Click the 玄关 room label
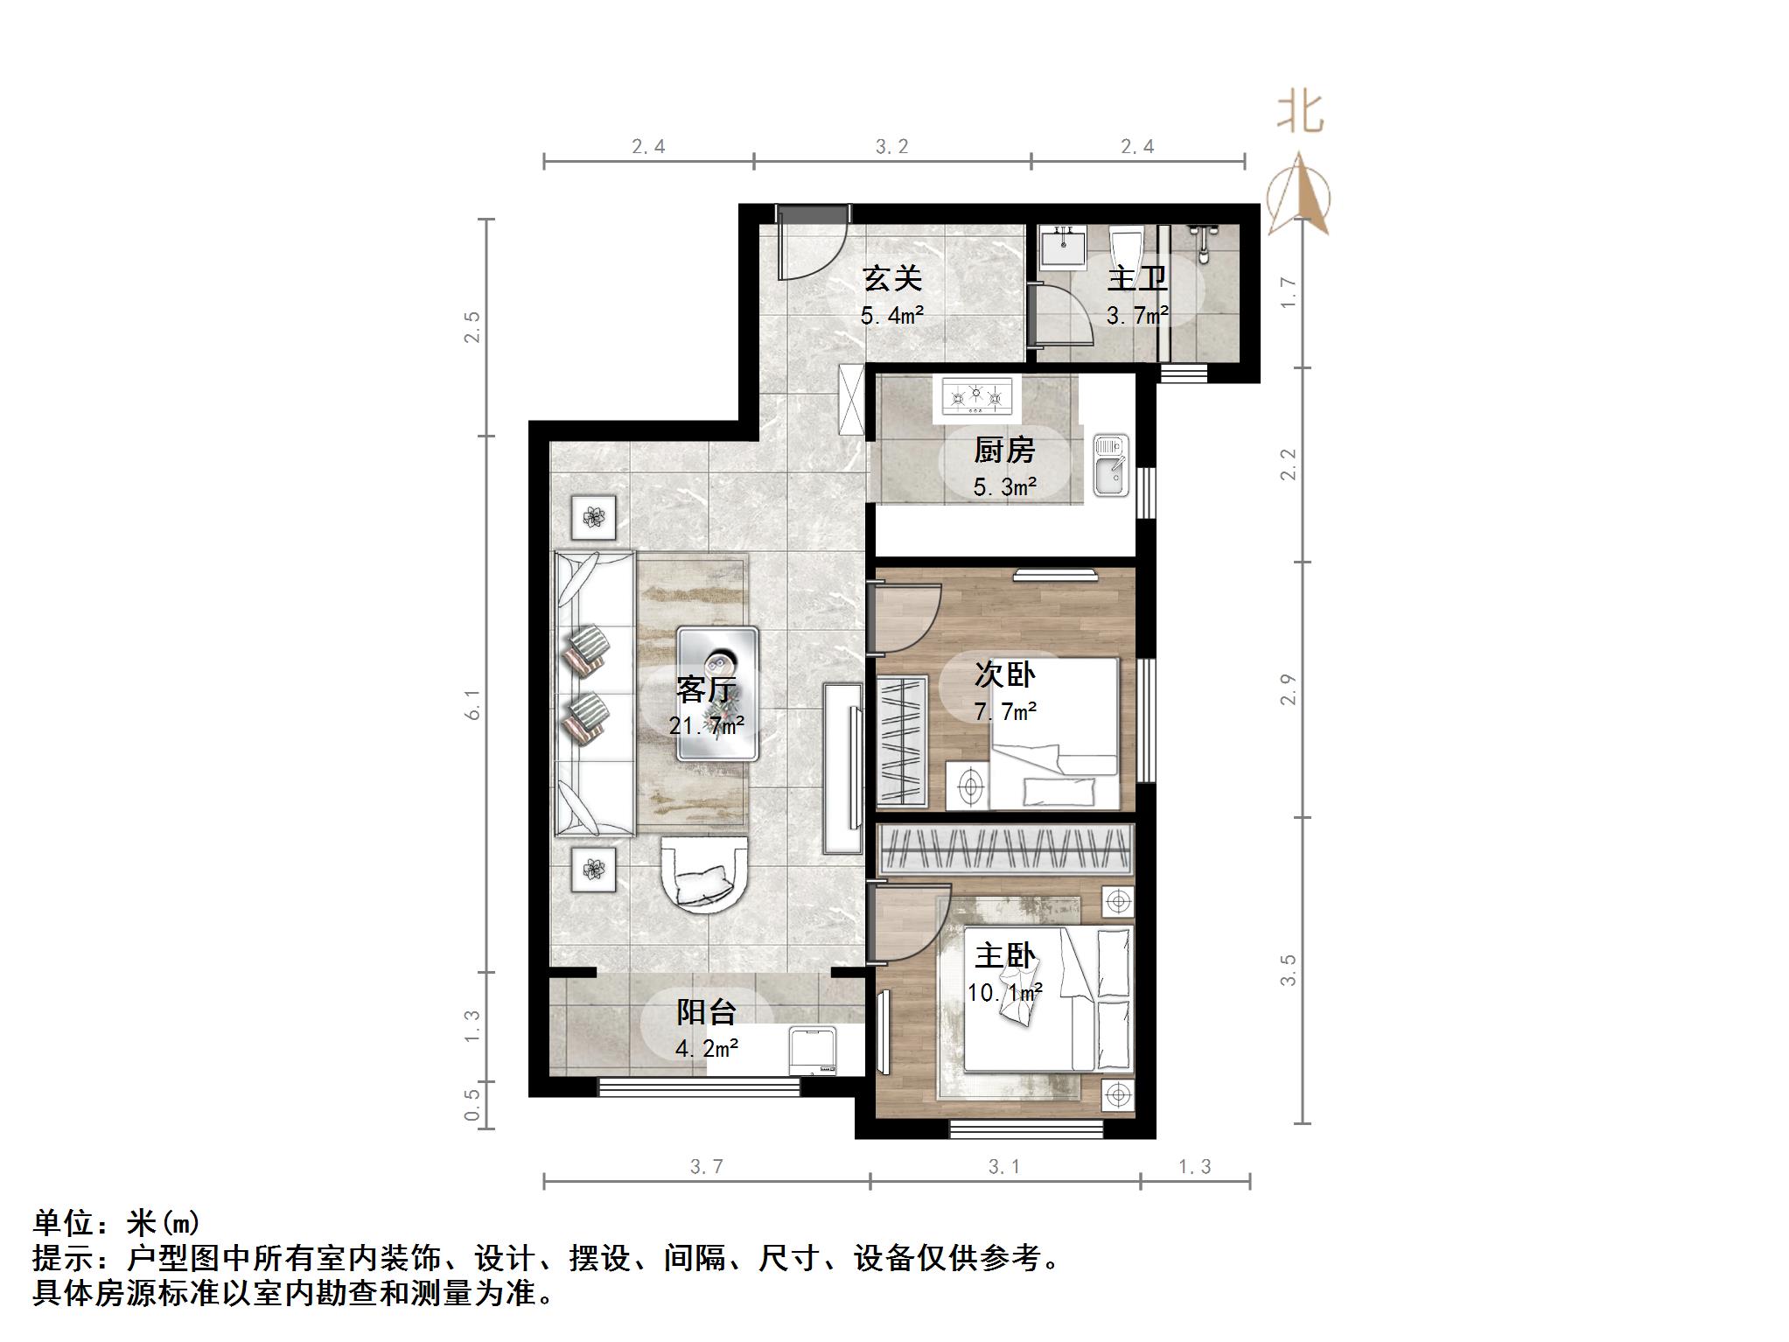pyautogui.click(x=892, y=279)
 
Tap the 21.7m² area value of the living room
pyautogui.click(x=707, y=725)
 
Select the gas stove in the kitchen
pyautogui.click(x=976, y=396)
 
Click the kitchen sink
pyautogui.click(x=1110, y=466)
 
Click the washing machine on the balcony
pyautogui.click(x=814, y=1052)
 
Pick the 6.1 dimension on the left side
pyautogui.click(x=472, y=704)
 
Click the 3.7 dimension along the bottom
pyautogui.click(x=707, y=1166)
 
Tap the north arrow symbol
pyautogui.click(x=1300, y=194)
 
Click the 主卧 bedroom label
pyautogui.click(x=1005, y=955)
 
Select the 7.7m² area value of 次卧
pyautogui.click(x=1005, y=711)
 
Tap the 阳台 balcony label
pyautogui.click(x=706, y=1012)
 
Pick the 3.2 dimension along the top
pyautogui.click(x=892, y=147)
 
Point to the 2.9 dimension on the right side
pyautogui.click(x=1288, y=689)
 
